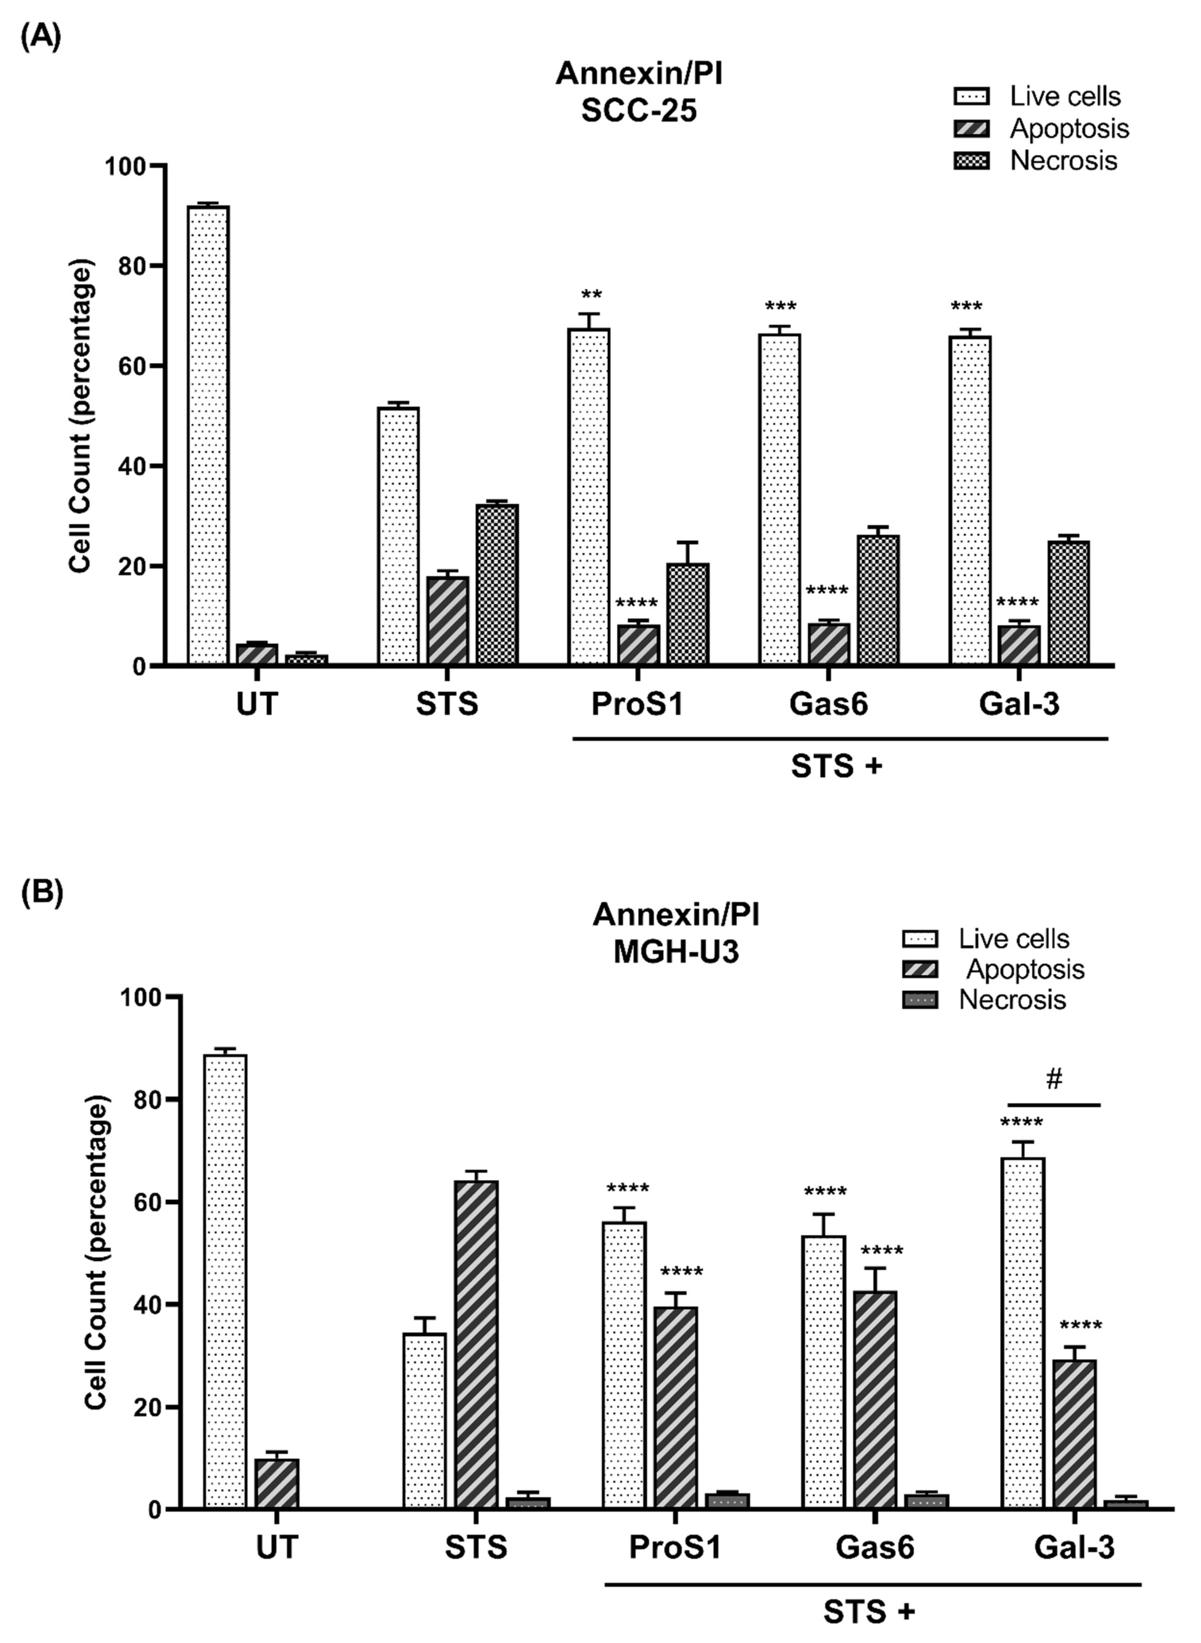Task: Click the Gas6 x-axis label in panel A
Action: coord(829,704)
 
